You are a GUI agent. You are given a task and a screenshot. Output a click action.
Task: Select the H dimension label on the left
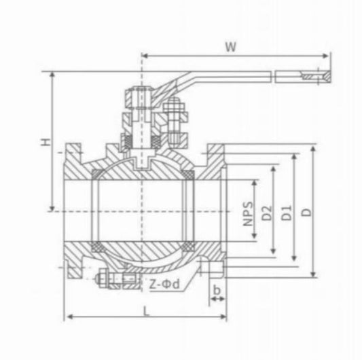(44, 143)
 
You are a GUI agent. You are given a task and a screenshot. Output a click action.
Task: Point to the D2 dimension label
(268, 211)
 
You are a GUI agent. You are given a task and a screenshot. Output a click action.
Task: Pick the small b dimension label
(216, 291)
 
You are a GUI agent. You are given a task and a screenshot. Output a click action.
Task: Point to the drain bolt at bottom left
(106, 279)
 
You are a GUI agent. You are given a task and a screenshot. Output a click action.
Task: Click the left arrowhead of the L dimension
(68, 317)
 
